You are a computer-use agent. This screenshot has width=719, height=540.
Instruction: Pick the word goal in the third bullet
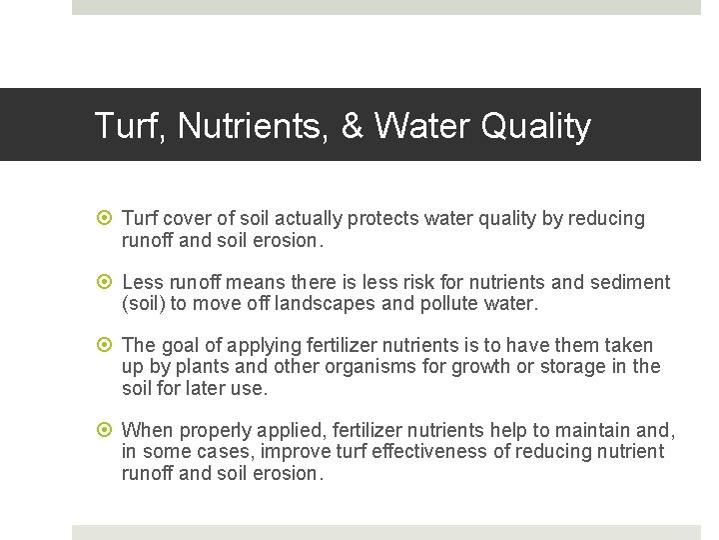pyautogui.click(x=181, y=345)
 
